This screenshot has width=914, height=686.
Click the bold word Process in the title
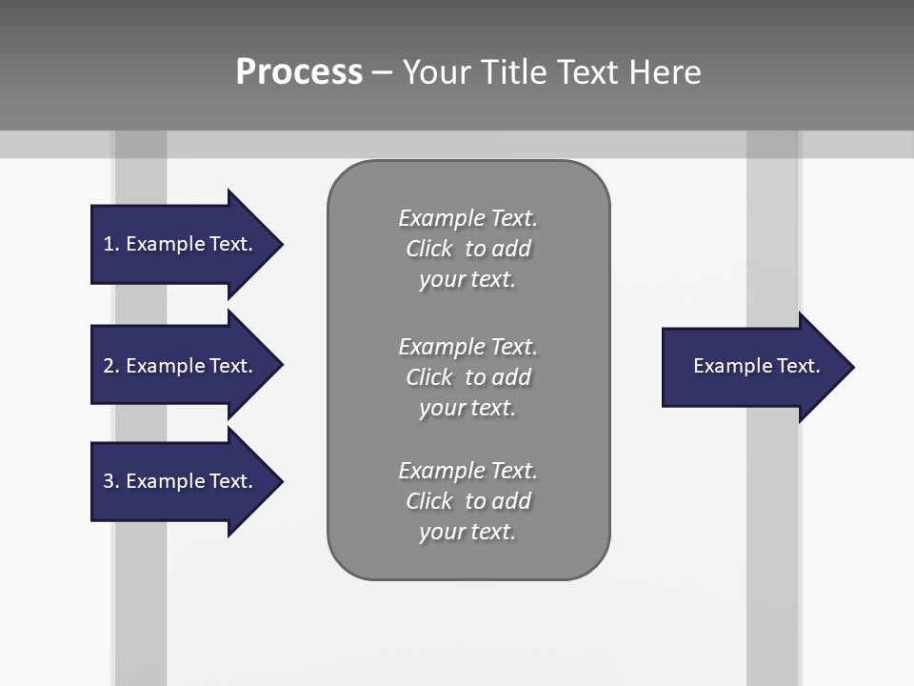[x=299, y=72]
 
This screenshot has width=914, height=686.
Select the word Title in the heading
[x=512, y=72]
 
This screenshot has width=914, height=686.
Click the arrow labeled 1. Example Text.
[x=181, y=244]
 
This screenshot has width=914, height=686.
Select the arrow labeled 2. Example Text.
[x=181, y=366]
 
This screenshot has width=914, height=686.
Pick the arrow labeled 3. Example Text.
[x=181, y=481]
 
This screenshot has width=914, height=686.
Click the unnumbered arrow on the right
[x=752, y=367]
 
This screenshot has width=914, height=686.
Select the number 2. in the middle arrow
[x=110, y=366]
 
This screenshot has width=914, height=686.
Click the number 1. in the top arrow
[x=110, y=244]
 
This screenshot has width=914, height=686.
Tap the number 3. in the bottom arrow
[x=110, y=481]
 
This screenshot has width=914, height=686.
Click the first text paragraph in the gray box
[x=467, y=249]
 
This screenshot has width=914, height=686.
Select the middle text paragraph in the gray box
[x=467, y=377]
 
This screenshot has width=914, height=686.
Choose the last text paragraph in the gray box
[x=467, y=501]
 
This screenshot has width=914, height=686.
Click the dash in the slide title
[x=382, y=72]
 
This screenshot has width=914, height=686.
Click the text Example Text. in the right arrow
[x=756, y=366]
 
